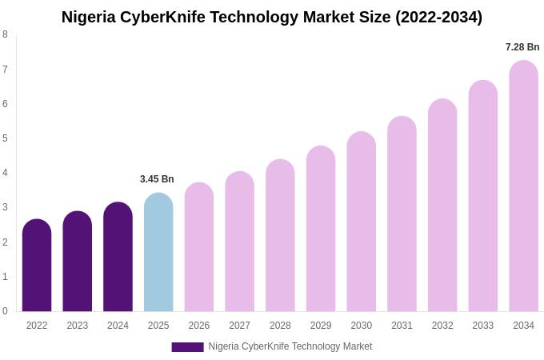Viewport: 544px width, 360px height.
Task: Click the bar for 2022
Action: tap(37, 266)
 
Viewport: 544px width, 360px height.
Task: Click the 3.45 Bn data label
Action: tap(157, 179)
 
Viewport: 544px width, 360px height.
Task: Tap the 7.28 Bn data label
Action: tap(522, 47)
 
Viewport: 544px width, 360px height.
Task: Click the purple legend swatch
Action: tap(187, 347)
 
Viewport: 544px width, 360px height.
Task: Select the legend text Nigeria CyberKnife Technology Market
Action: tap(290, 346)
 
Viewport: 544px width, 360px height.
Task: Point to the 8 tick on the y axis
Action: tap(5, 34)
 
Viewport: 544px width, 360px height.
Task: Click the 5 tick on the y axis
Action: tap(5, 138)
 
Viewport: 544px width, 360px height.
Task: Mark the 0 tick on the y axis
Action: tap(5, 311)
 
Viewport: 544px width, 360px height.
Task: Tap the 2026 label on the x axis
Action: tap(199, 326)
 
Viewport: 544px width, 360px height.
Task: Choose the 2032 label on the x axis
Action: tap(442, 326)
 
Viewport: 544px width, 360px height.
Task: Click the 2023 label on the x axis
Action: tap(78, 326)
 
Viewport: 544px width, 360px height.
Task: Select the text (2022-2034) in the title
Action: tap(438, 17)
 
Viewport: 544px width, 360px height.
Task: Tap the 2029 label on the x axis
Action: tap(321, 326)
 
